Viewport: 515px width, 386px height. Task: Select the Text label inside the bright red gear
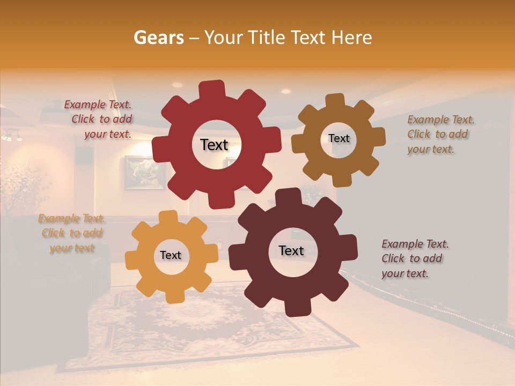(214, 145)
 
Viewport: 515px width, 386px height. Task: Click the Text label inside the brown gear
(339, 138)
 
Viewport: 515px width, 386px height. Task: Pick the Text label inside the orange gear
(171, 255)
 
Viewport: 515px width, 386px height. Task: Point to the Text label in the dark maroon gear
(291, 250)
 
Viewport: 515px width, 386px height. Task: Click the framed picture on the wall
(137, 173)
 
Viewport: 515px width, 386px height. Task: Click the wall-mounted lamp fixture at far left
(12, 135)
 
